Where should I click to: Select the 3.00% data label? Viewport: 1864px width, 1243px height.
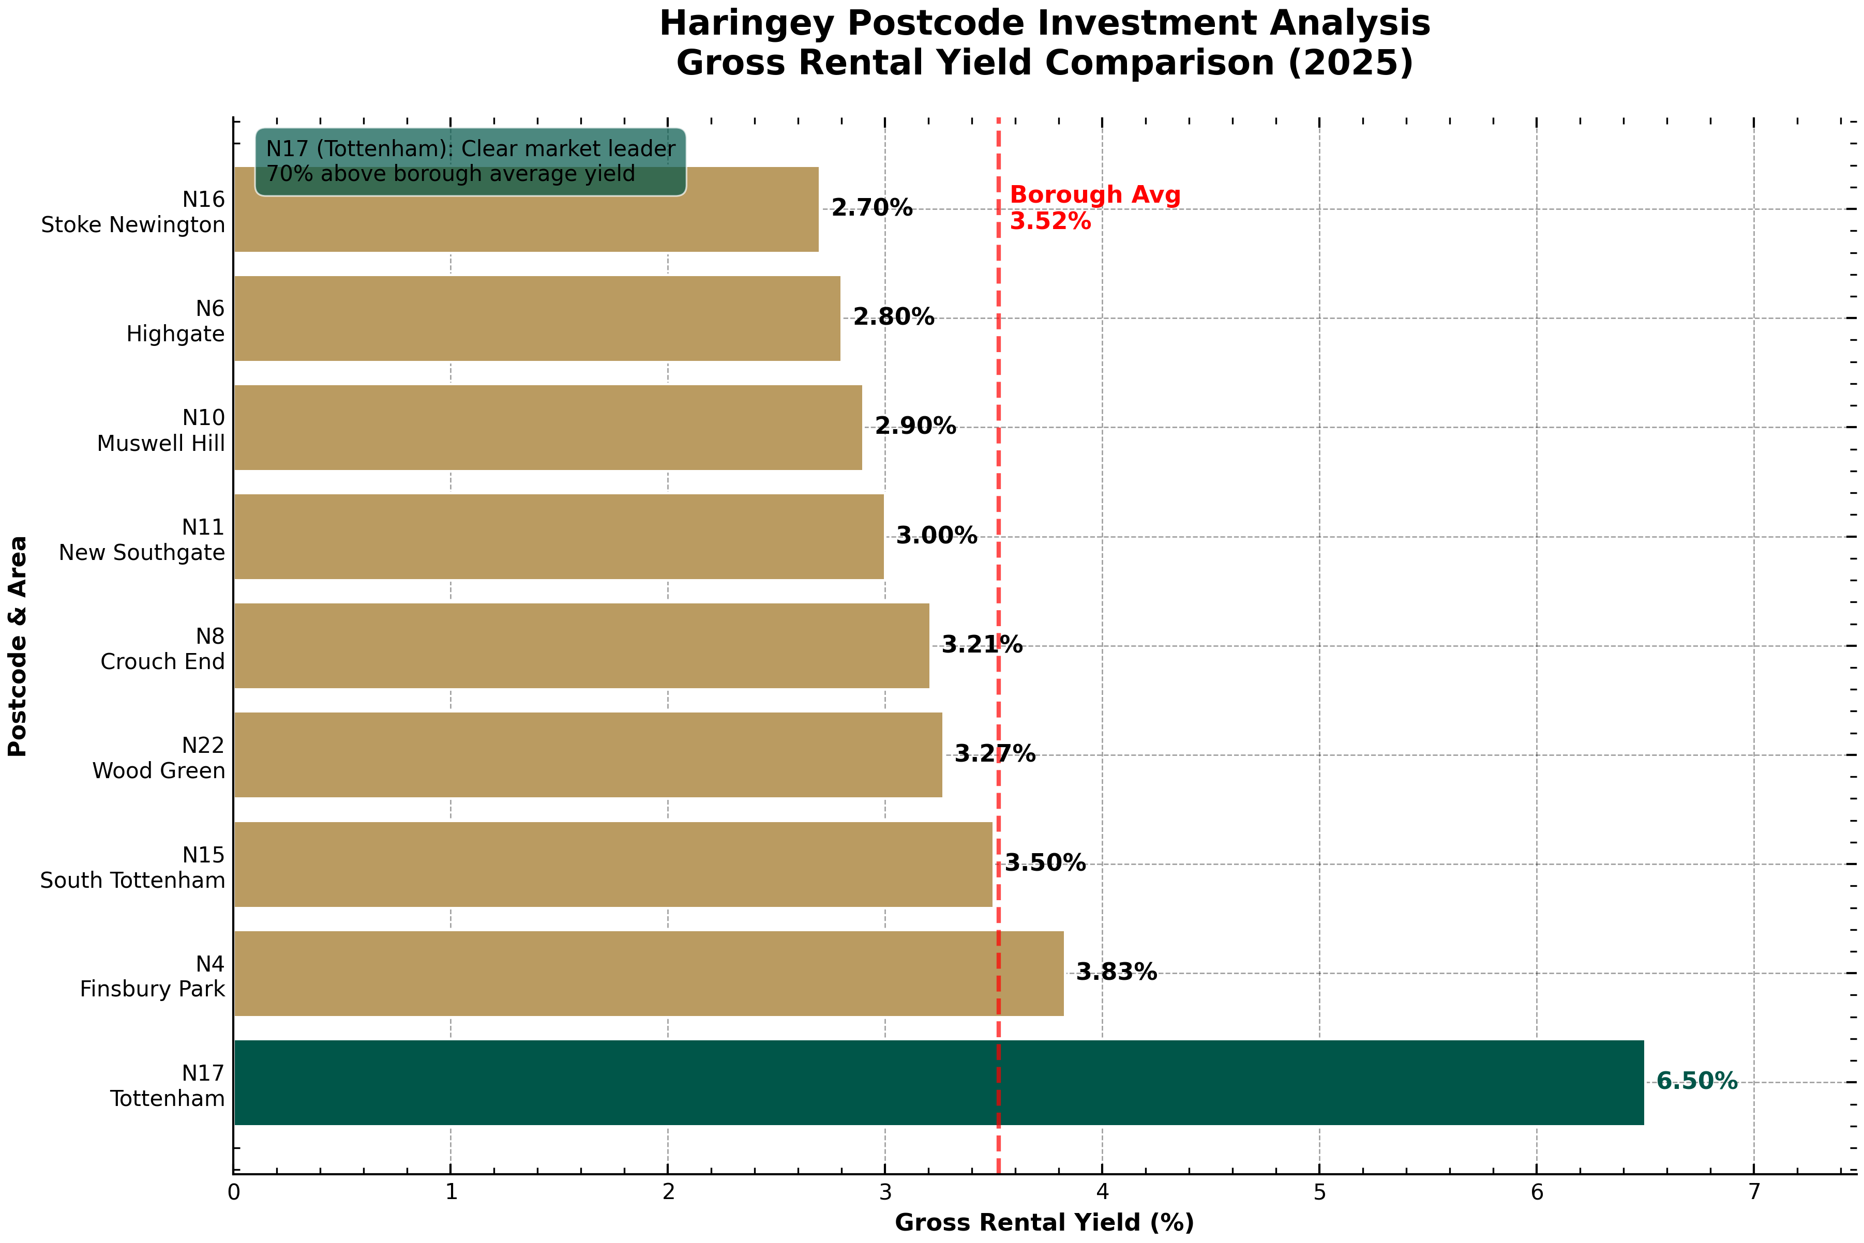tap(936, 536)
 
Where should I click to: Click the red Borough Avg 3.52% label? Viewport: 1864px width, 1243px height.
tap(1094, 208)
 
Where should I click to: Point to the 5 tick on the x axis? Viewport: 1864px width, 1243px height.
tap(1319, 1192)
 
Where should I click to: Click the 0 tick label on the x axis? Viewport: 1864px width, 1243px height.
tap(233, 1192)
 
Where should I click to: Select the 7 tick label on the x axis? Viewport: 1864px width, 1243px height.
tap(1754, 1192)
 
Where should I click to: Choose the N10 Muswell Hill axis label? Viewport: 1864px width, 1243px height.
tap(161, 431)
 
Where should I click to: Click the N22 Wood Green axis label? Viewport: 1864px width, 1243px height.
tap(159, 758)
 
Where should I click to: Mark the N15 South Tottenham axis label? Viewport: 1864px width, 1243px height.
tap(133, 867)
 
